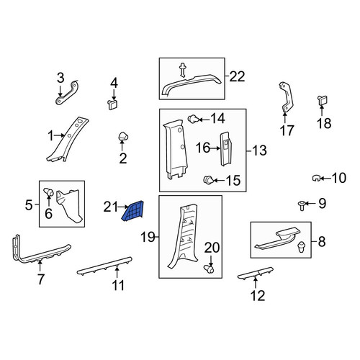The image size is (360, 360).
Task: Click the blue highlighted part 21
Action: tap(133, 211)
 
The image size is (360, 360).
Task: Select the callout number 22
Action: tap(237, 76)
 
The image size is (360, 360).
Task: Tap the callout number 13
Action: tap(259, 150)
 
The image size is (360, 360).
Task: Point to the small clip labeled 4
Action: tap(112, 105)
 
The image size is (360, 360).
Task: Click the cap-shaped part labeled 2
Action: tap(123, 137)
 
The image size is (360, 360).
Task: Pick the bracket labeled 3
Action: tap(67, 93)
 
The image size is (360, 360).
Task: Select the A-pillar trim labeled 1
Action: tap(68, 139)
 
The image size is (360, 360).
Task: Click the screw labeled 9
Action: tap(302, 206)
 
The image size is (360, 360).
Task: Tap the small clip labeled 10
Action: tap(316, 178)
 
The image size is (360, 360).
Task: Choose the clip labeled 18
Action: tap(323, 100)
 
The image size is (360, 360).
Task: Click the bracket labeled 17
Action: tap(287, 97)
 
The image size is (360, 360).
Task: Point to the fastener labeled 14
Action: tap(193, 119)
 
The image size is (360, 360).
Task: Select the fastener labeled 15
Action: tap(208, 180)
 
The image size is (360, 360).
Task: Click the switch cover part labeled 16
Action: tap(226, 149)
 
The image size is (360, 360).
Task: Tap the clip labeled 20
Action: tap(209, 269)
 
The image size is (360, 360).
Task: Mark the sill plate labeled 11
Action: tap(104, 265)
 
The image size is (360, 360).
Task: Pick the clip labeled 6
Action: tap(49, 192)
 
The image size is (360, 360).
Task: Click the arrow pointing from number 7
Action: tap(40, 266)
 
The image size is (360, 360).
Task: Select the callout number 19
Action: tap(148, 237)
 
